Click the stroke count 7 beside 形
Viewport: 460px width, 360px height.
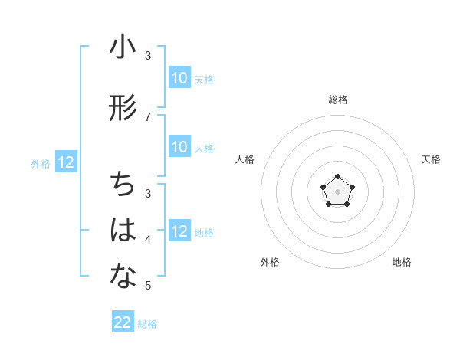pos(148,116)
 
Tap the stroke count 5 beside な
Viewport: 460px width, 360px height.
pos(148,286)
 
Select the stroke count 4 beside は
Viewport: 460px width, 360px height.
pos(148,240)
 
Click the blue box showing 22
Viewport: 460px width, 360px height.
pos(123,322)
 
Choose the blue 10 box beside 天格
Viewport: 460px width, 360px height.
pos(179,78)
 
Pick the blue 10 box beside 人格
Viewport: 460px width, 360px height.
pos(179,147)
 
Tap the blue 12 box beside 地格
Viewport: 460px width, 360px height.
pos(179,231)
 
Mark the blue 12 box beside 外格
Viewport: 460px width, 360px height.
pos(66,162)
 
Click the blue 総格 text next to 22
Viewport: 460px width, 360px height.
pos(147,324)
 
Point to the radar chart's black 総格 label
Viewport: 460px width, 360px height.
pos(337,100)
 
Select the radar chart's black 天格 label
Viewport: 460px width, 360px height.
pos(431,159)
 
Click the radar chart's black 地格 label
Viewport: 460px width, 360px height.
pos(402,262)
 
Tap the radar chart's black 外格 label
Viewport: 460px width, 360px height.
pos(270,262)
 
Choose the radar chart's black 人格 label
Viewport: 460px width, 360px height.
pos(245,159)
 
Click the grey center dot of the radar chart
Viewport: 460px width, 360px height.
pos(337,190)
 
